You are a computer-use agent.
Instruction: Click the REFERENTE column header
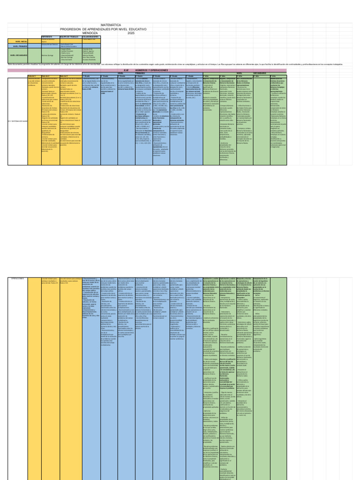tap(47, 36)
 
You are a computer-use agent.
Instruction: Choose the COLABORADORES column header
tap(90, 36)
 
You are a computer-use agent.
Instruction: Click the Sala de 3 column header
tap(32, 75)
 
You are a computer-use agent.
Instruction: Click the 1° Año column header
tap(206, 75)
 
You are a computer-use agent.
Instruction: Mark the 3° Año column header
tap(239, 75)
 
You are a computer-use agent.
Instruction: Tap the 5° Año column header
tap(272, 75)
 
